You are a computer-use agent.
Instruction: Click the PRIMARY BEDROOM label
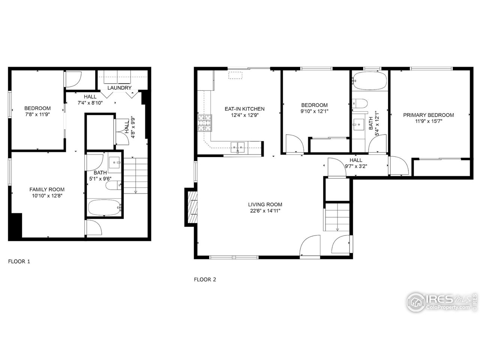coord(428,115)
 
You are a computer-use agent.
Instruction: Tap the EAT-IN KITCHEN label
coord(244,109)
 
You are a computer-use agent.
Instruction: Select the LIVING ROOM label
coord(265,204)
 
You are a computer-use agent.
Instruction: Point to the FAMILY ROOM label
coord(47,189)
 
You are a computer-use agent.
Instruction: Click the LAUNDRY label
coord(119,88)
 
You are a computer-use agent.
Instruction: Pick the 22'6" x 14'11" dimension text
coord(265,211)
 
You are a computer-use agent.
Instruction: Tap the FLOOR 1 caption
coord(19,261)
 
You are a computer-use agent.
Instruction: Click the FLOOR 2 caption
coord(205,279)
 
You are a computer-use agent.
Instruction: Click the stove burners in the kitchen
coord(204,123)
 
